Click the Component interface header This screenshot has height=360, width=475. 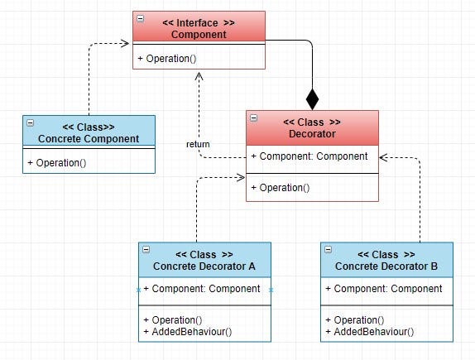(x=199, y=28)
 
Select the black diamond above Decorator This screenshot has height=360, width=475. (x=312, y=98)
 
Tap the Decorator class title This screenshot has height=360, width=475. (x=312, y=127)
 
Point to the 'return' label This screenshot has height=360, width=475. (x=198, y=144)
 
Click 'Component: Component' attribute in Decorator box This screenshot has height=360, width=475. (x=309, y=156)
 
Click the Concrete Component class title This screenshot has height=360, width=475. (x=89, y=133)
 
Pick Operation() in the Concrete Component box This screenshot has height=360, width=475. (x=60, y=163)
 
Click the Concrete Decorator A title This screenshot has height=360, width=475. (x=204, y=261)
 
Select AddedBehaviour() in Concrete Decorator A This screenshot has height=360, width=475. (x=188, y=332)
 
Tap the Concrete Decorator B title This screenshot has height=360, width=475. (x=386, y=261)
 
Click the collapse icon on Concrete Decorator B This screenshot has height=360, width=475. (x=329, y=248)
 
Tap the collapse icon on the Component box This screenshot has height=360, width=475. (x=141, y=17)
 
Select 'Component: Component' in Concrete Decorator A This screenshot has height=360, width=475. (x=202, y=289)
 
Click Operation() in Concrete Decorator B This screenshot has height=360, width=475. (x=355, y=320)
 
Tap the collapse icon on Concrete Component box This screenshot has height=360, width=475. (x=31, y=122)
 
